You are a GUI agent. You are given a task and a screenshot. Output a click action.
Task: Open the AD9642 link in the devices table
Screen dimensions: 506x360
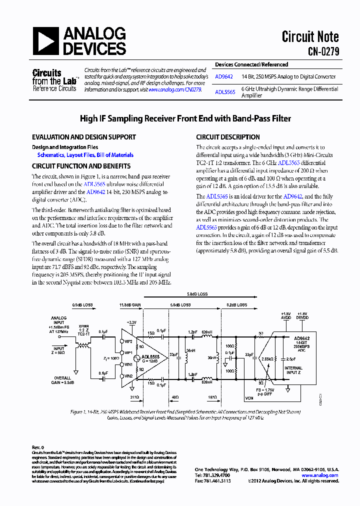click(223, 77)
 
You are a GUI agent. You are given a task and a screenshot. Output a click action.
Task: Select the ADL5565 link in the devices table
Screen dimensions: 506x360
click(224, 92)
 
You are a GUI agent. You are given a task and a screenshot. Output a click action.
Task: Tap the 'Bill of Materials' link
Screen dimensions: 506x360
click(115, 155)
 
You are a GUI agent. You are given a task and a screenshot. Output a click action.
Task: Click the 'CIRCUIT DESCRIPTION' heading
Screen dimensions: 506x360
click(228, 137)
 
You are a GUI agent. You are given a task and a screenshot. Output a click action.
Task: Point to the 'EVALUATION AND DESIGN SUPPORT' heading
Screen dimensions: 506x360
click(84, 137)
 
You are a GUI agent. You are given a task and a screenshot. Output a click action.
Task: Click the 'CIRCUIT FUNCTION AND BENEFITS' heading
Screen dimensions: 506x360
click(81, 166)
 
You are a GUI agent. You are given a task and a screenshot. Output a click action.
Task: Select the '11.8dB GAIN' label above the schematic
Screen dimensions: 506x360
click(130, 304)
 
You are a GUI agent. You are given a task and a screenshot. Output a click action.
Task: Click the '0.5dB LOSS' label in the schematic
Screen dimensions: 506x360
click(82, 304)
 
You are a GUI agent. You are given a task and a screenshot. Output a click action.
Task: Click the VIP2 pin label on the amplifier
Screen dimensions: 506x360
click(128, 341)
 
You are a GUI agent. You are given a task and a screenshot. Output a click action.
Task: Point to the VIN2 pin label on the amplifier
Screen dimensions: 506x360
click(128, 375)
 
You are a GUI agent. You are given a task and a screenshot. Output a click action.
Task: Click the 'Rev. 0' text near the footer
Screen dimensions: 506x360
click(38, 447)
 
